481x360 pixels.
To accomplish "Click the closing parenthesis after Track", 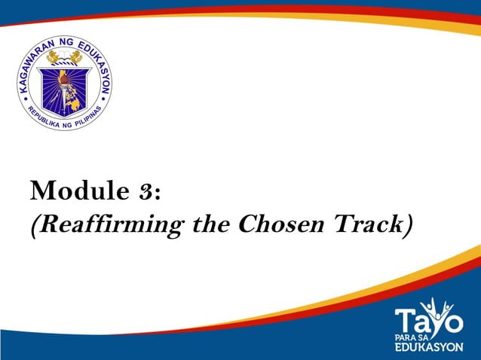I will tap(409, 224).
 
